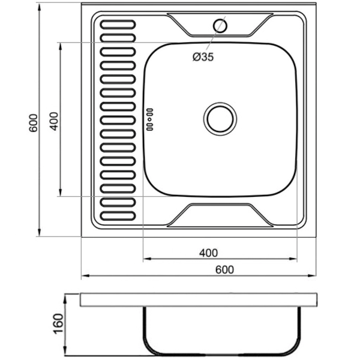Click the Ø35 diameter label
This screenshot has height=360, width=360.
coord(203,57)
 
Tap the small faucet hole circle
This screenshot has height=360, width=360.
coord(220,25)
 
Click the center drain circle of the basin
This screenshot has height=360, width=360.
coord(220,119)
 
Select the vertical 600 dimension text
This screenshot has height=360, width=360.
coord(34,123)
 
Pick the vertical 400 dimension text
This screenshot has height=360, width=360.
coord(55,121)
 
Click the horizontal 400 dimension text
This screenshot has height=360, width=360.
coord(208,253)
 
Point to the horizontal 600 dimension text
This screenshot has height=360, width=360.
coord(224,269)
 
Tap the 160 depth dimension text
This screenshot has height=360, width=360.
coord(58,324)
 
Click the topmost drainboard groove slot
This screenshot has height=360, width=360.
coord(118,25)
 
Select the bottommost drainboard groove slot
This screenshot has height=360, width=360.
coord(118,216)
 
